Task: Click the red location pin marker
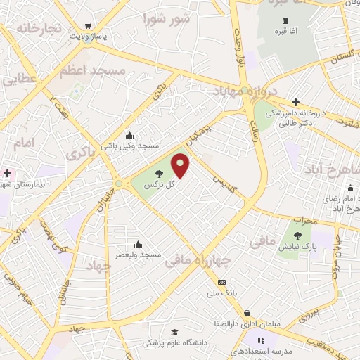(181, 166)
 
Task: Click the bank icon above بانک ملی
(222, 281)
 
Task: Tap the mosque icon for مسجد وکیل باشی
(129, 135)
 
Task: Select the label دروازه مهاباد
(245, 91)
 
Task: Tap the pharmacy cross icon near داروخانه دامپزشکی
(295, 103)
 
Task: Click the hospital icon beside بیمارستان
(7, 173)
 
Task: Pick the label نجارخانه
(39, 28)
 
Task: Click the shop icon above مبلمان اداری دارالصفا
(246, 314)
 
